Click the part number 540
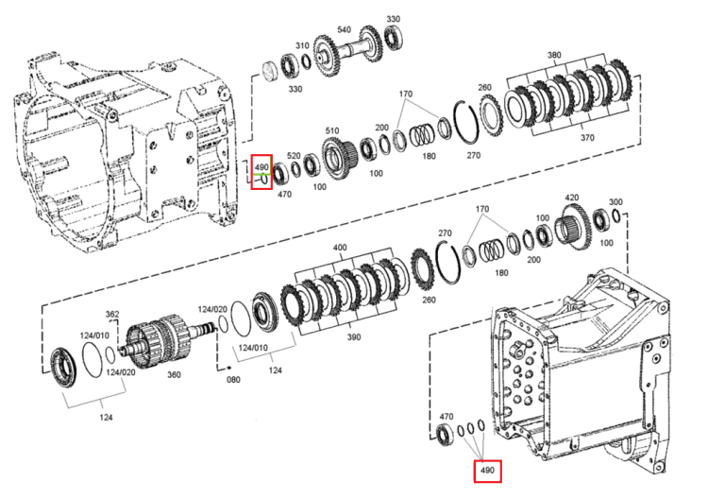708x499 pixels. pyautogui.click(x=344, y=30)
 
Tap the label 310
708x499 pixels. pyautogui.click(x=302, y=45)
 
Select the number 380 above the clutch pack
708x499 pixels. pyautogui.click(x=554, y=55)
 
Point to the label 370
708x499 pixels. pyautogui.click(x=587, y=137)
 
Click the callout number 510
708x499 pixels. pyautogui.click(x=332, y=130)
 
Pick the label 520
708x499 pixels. pyautogui.click(x=294, y=156)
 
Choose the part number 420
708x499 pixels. pyautogui.click(x=572, y=198)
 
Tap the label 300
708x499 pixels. pyautogui.click(x=615, y=202)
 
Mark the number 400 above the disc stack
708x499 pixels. pyautogui.click(x=340, y=248)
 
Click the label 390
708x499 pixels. pyautogui.click(x=354, y=336)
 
